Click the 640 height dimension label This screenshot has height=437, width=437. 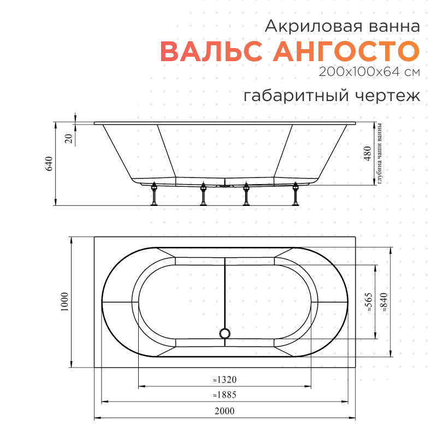[49, 164]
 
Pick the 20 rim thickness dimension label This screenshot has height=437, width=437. [68, 138]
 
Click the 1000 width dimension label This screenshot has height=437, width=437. [64, 302]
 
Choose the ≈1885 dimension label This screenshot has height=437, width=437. [225, 395]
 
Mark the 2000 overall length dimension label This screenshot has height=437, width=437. [225, 411]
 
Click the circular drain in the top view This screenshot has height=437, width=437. [225, 333]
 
